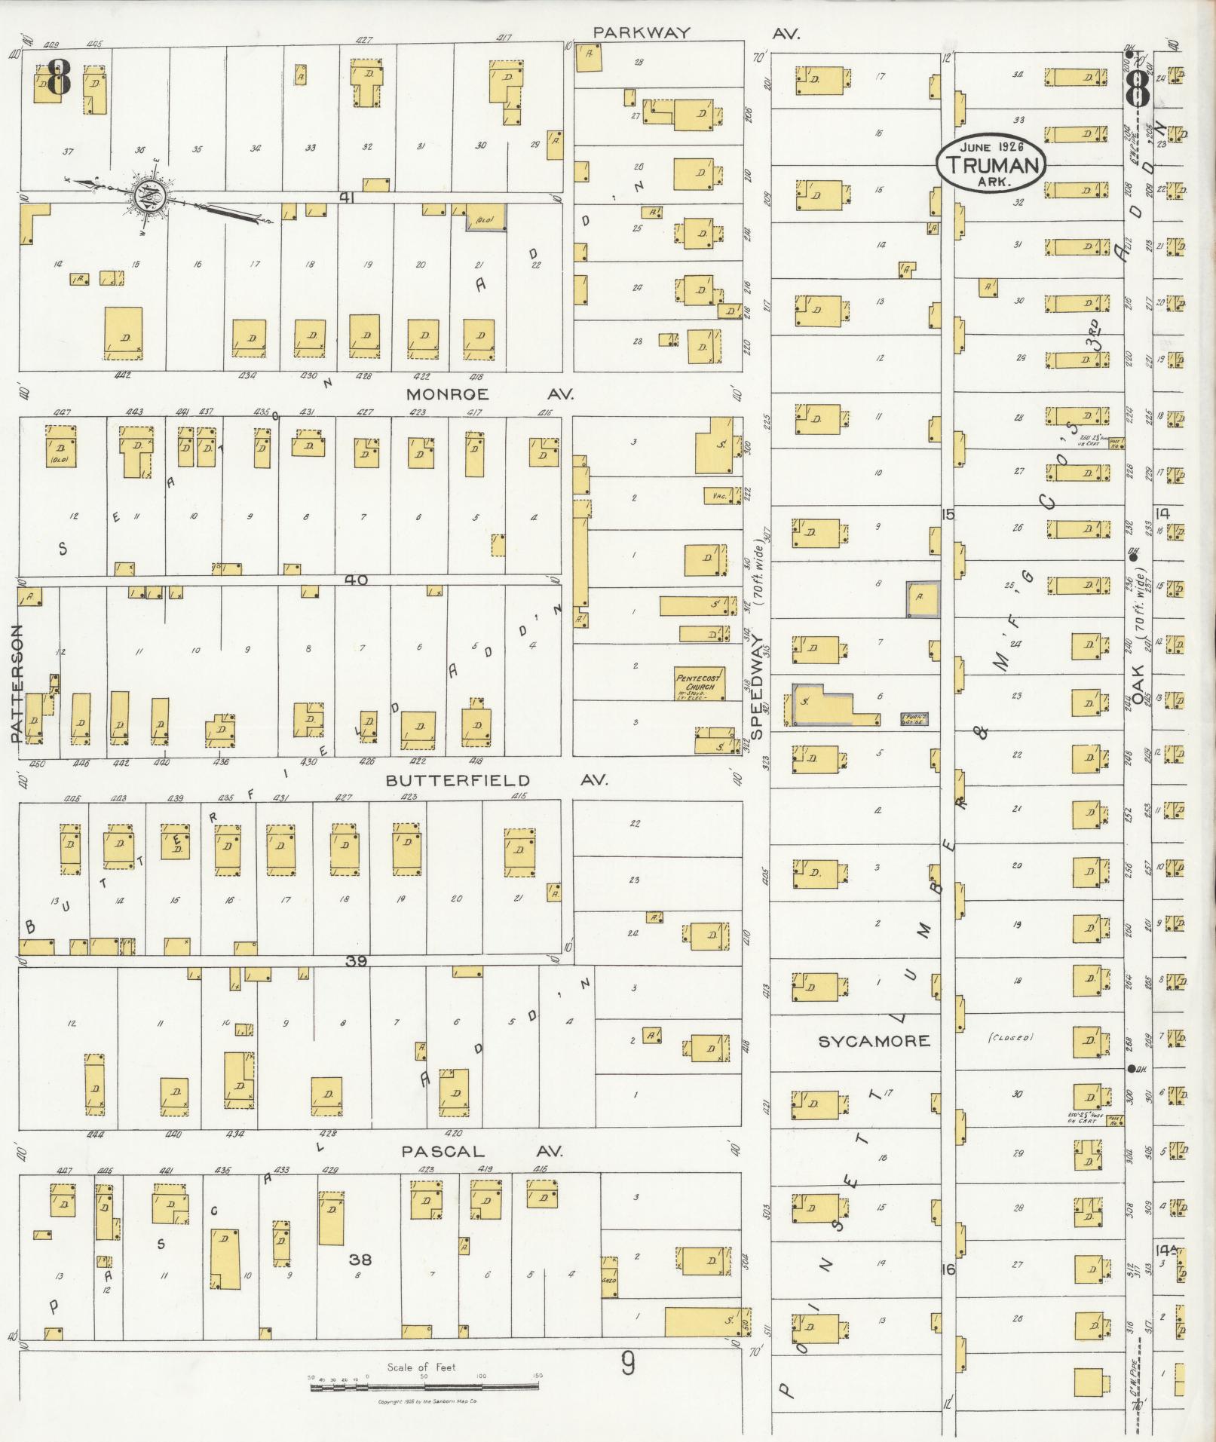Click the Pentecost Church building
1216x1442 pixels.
pos(698,683)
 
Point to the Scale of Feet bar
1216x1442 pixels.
pos(424,1385)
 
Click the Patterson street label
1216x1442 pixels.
pos(17,683)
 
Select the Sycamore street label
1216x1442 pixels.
pos(874,1041)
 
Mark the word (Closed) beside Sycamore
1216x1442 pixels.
pos(1010,1038)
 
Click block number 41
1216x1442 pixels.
pos(347,197)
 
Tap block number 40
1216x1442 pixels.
pos(355,580)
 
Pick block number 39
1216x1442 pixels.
pos(355,961)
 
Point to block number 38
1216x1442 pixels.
pos(360,1259)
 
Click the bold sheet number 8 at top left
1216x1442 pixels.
pos(57,78)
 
